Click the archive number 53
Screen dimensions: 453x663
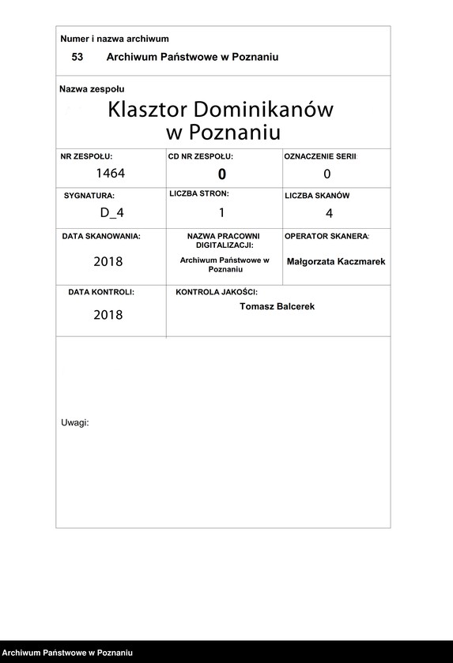(x=77, y=58)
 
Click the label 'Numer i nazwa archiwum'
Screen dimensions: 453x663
(x=115, y=39)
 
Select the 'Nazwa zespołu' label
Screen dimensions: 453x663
(x=92, y=89)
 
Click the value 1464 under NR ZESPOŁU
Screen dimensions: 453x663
(x=111, y=173)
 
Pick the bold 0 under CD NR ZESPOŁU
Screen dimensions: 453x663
(x=222, y=174)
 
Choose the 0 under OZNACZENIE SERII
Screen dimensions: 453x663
(x=327, y=174)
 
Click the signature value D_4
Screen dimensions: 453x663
(x=111, y=212)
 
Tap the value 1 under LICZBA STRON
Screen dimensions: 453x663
(x=222, y=212)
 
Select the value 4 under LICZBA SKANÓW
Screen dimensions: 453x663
(x=329, y=213)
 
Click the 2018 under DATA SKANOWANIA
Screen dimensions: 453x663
(x=108, y=261)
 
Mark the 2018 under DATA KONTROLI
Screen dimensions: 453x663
(x=108, y=315)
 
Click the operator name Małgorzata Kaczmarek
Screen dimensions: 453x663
(x=336, y=261)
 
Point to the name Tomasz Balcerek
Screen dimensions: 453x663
(x=277, y=306)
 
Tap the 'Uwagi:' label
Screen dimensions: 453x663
(x=75, y=423)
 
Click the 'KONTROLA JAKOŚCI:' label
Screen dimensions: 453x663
(x=217, y=292)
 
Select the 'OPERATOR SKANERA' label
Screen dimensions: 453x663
(x=327, y=236)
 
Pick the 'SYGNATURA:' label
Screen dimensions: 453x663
(x=89, y=195)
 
